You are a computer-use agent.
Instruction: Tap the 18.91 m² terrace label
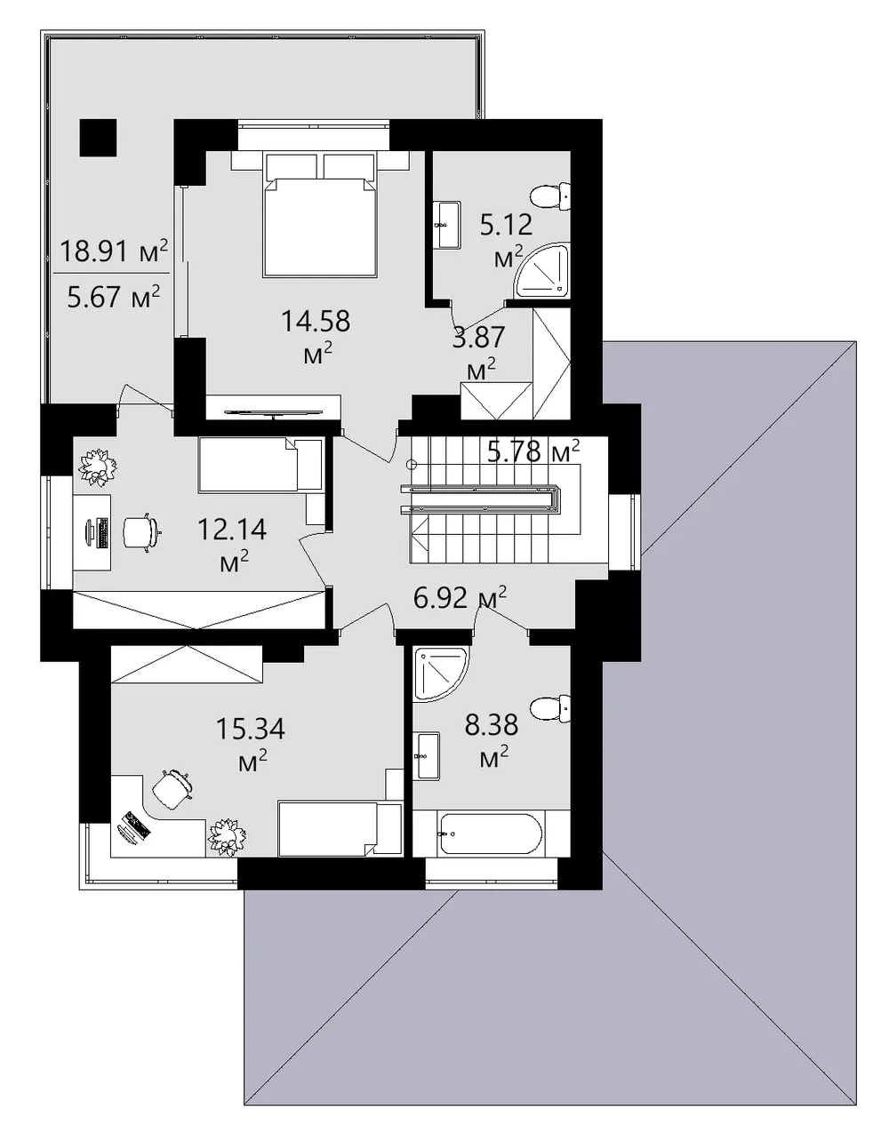click(x=114, y=251)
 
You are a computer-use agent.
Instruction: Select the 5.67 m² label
click(x=114, y=297)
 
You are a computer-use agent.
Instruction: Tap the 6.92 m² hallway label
click(x=460, y=597)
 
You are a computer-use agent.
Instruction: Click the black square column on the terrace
click(x=98, y=138)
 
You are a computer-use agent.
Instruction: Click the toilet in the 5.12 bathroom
click(x=550, y=197)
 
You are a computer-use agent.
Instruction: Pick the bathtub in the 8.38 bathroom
click(x=491, y=834)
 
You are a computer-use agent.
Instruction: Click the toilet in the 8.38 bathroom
click(x=550, y=708)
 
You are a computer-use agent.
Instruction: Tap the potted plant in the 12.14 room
click(x=98, y=467)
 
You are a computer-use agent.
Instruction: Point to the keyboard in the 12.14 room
click(x=103, y=532)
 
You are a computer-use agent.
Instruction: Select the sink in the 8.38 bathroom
click(x=427, y=756)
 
